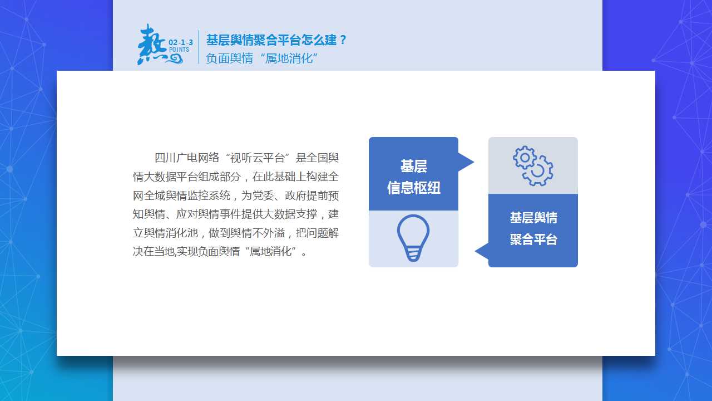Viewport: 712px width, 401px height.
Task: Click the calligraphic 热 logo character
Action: (x=152, y=45)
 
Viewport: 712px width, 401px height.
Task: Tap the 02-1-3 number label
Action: (x=181, y=42)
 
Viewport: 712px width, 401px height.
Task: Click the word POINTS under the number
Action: (x=179, y=50)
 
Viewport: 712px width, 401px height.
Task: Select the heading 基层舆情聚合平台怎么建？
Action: (x=276, y=40)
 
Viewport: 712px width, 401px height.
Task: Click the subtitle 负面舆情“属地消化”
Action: (x=261, y=58)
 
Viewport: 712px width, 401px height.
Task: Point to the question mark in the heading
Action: (x=343, y=40)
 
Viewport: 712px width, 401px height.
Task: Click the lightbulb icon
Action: (x=413, y=238)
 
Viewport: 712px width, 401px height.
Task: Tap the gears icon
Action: (x=533, y=166)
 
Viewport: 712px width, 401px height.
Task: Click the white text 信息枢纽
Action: (x=413, y=188)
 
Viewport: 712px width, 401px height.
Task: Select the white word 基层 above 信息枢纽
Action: (x=413, y=166)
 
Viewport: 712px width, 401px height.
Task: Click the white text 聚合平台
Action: (x=533, y=239)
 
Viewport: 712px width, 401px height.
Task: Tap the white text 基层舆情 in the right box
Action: (x=533, y=218)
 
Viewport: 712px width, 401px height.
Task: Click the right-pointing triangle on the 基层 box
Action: (x=466, y=162)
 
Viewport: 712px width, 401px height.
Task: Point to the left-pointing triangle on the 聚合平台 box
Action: (x=482, y=251)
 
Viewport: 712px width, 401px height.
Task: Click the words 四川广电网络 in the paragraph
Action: (x=187, y=158)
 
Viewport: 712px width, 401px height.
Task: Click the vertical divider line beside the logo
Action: (x=199, y=47)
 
